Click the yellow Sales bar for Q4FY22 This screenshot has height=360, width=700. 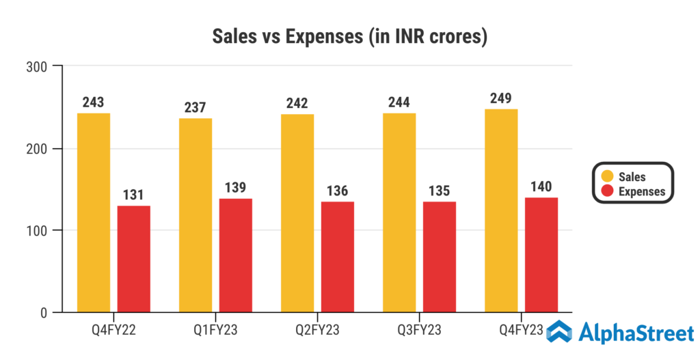(x=94, y=212)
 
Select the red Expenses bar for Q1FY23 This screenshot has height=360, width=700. (x=236, y=255)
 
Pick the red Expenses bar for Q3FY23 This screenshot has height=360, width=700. (x=440, y=257)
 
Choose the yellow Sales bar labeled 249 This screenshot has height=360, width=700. (x=501, y=210)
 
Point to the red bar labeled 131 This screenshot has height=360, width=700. (x=134, y=259)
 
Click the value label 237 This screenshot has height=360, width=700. (x=196, y=107)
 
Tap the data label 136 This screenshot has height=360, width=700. (x=338, y=189)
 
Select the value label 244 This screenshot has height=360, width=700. (x=399, y=102)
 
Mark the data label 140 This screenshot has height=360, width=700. (x=541, y=186)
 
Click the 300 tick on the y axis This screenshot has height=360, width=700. (x=35, y=67)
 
